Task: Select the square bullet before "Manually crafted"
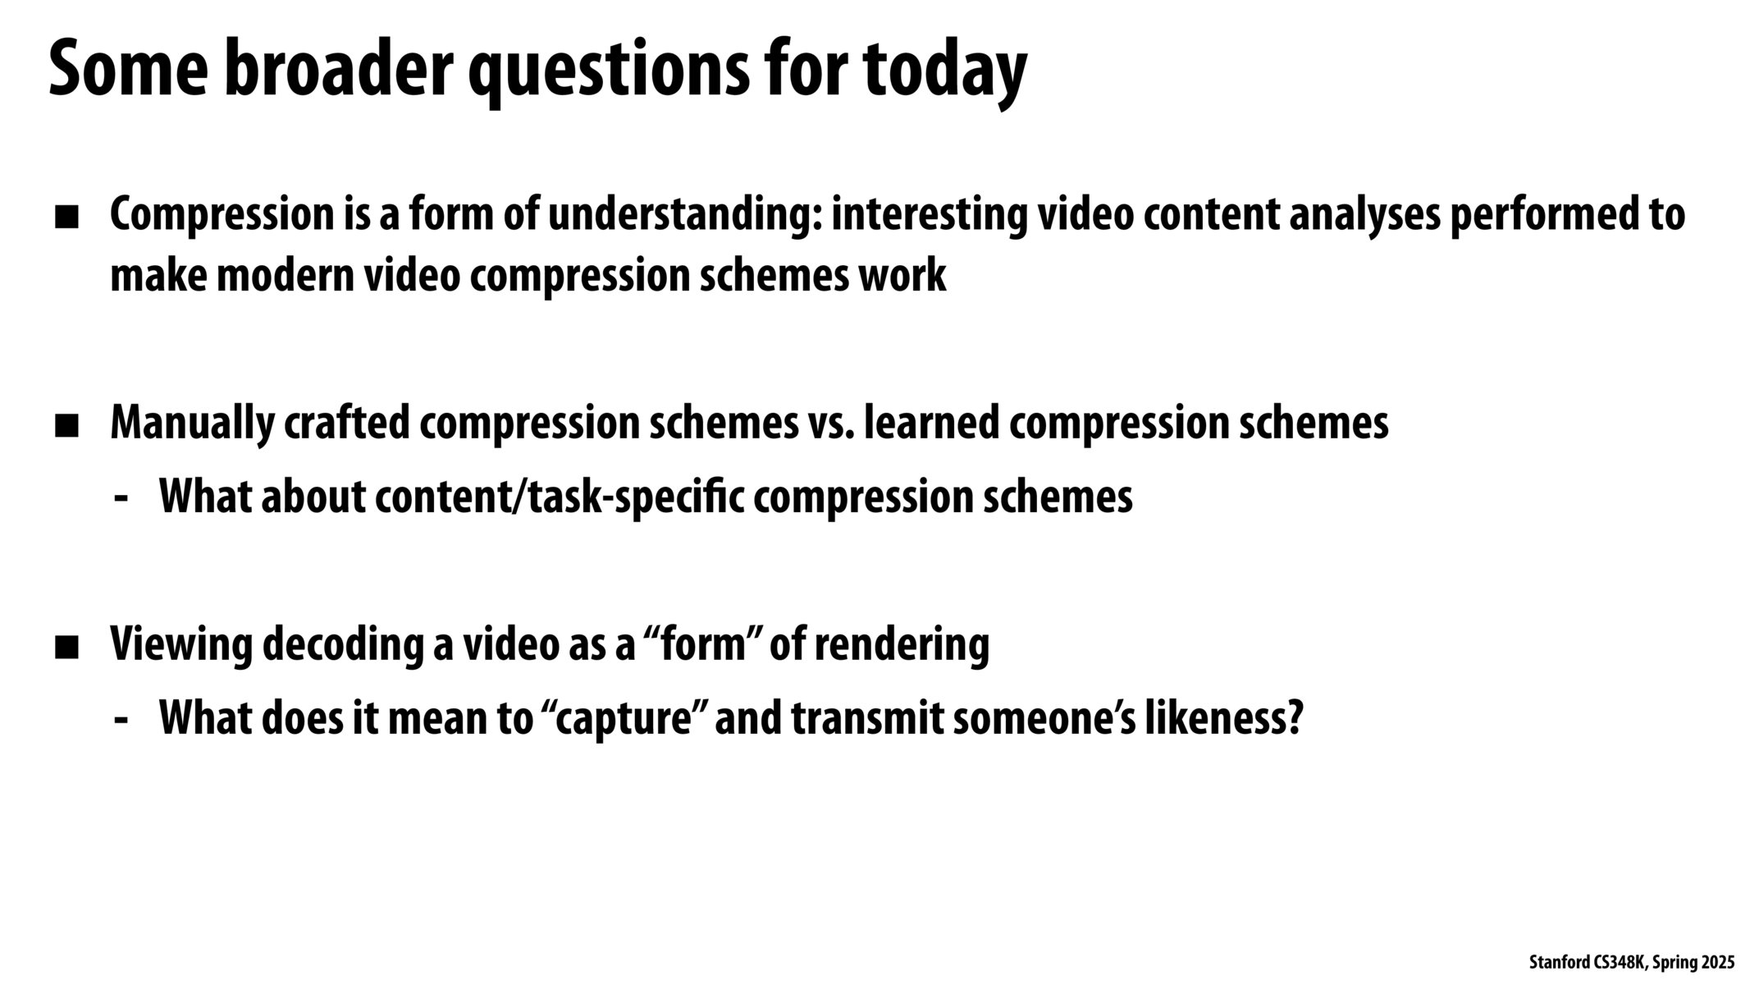pos(66,426)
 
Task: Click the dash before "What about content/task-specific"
pos(122,497)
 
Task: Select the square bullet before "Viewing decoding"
pos(66,648)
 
